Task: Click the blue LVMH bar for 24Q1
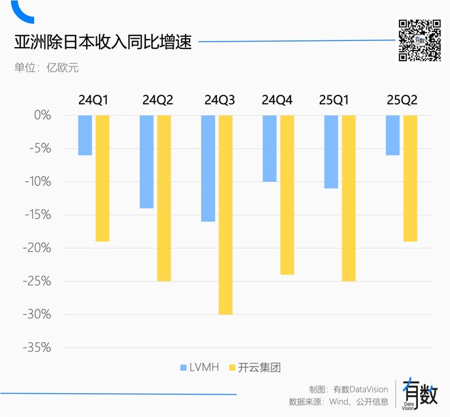coord(85,135)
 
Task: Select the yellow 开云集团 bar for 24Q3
coord(225,215)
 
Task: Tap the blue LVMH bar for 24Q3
coord(208,168)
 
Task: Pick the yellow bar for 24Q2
coord(164,198)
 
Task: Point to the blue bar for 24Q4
coord(269,149)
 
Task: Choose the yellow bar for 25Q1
coord(348,198)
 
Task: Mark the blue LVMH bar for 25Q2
coord(393,135)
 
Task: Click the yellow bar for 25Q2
coord(410,179)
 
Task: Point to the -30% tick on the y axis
coord(37,315)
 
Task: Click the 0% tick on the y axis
coord(42,115)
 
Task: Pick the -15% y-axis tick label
coord(37,215)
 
